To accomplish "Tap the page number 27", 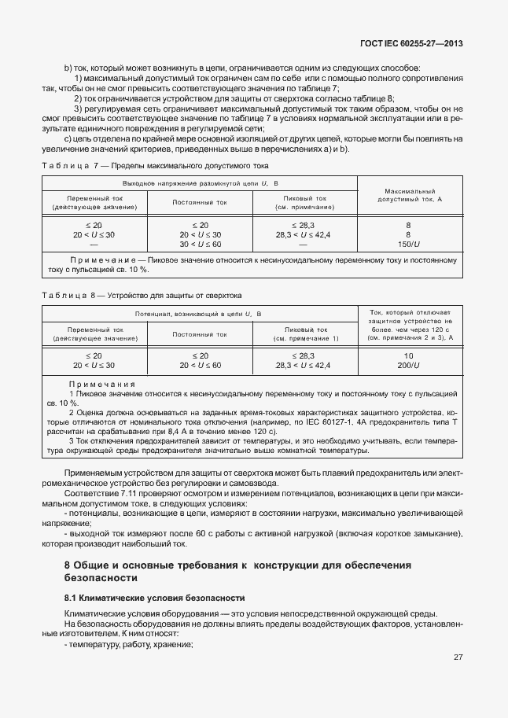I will pos(458,657).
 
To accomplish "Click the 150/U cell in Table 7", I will pos(408,245).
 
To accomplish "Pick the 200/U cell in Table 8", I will pos(408,366).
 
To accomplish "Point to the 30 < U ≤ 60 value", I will pos(200,245).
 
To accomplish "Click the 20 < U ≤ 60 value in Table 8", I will pos(200,366).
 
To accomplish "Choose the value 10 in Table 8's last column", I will pos(408,355).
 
